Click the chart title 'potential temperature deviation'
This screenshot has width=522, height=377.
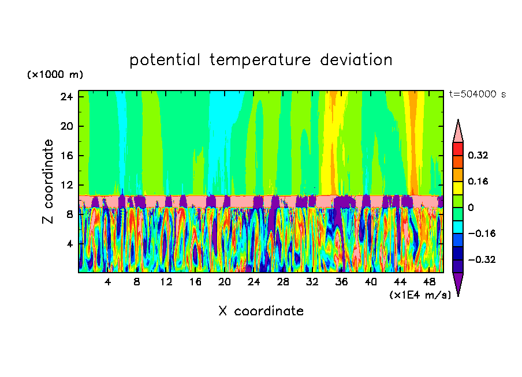tap(260, 60)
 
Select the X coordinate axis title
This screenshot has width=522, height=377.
tap(261, 311)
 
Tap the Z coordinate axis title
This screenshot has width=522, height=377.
tap(49, 182)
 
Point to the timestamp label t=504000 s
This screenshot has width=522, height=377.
tap(477, 95)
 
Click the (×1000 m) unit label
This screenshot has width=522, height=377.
tap(55, 75)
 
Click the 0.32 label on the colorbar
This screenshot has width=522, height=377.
tap(478, 155)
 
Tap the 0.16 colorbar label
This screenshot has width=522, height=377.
tap(478, 181)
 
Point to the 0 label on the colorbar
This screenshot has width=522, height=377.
tap(471, 208)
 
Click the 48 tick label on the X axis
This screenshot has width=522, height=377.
tap(429, 282)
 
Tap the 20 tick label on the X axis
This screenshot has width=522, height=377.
tap(225, 282)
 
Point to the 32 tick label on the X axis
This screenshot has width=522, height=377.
tap(312, 282)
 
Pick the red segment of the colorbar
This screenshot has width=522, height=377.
tap(458, 149)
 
